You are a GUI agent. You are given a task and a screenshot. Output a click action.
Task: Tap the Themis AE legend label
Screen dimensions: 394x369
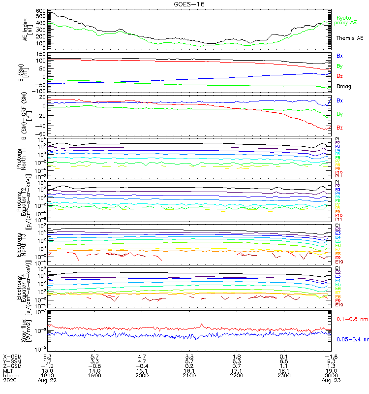tap(349, 38)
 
